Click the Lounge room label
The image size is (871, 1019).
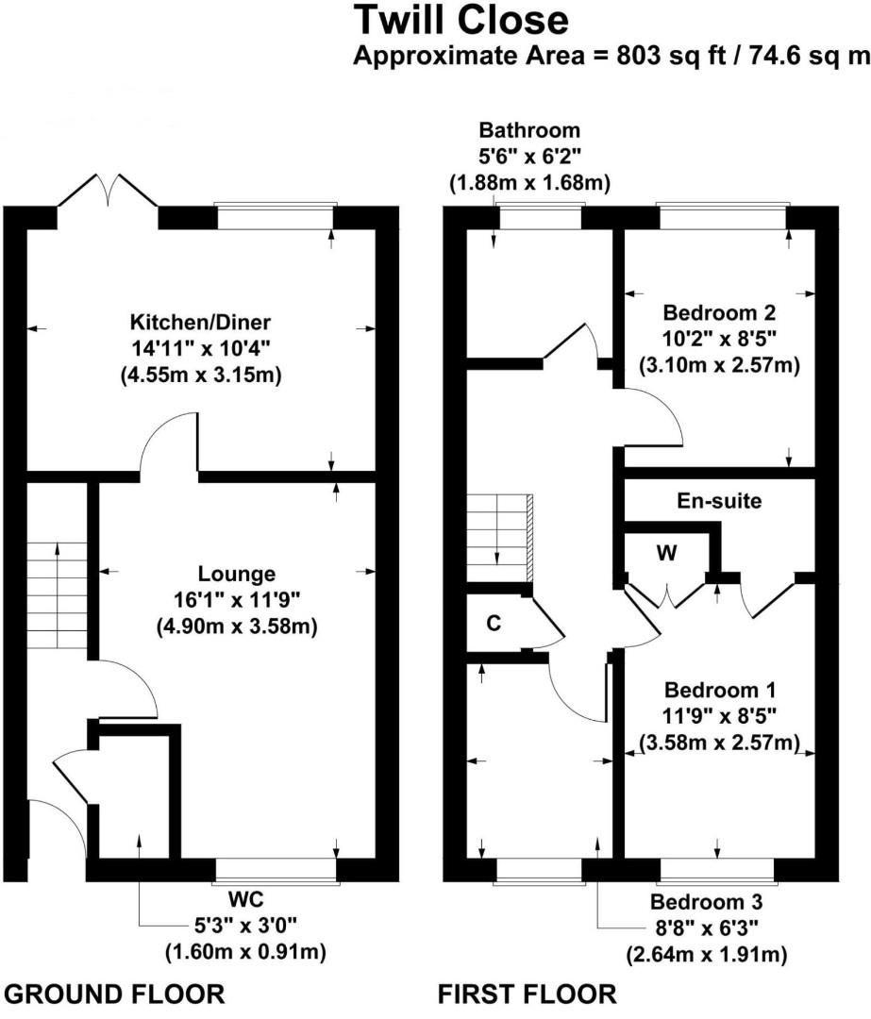tap(236, 574)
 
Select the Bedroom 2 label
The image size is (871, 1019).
tap(719, 312)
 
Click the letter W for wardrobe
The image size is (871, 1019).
tap(666, 554)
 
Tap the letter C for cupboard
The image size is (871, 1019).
tap(492, 623)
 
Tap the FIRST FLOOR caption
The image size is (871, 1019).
tap(527, 994)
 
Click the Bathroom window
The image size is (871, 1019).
tap(541, 217)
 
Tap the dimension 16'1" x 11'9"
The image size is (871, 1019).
tap(236, 599)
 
